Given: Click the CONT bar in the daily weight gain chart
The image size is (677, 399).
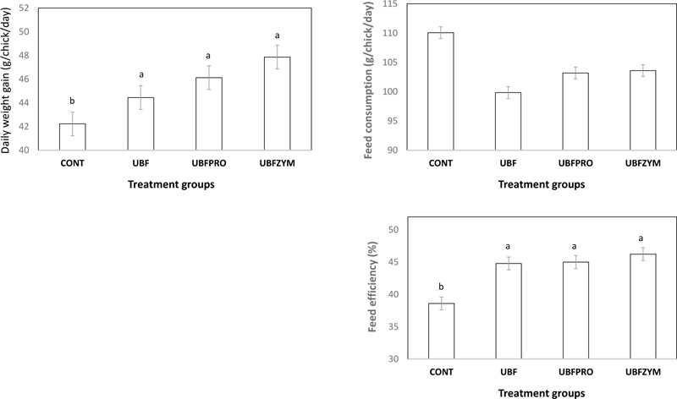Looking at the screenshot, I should pos(72,137).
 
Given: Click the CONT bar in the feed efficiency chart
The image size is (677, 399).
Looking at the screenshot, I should pos(440,331).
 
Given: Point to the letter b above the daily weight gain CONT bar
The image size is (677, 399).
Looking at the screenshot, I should pos(72,101).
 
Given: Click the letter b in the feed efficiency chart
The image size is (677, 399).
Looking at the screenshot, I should pos(440,287).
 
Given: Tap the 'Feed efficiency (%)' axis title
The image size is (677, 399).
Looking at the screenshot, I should pos(372,287).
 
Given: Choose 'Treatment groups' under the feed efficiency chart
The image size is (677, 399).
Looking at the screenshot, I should pos(541,392).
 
